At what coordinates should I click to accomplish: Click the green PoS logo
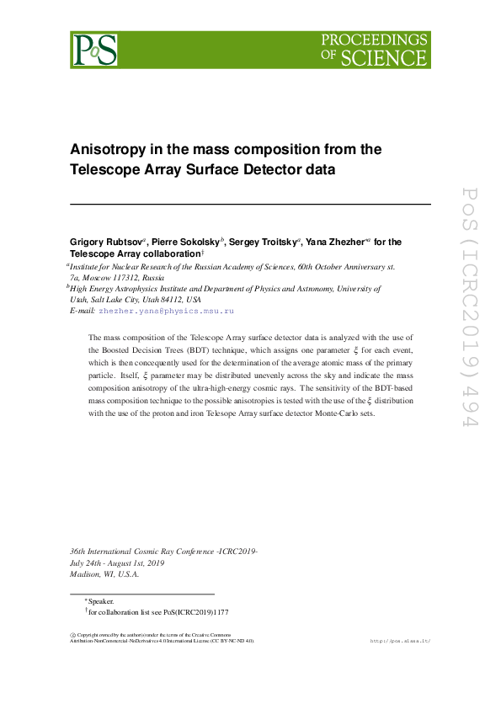tap(94, 50)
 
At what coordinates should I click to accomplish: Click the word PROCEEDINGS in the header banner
tap(375, 40)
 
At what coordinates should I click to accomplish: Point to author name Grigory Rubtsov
tap(106, 242)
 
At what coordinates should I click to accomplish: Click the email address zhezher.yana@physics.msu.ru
tap(166, 312)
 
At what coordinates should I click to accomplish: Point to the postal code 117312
tap(123, 277)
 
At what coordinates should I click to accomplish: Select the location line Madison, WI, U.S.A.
tap(104, 574)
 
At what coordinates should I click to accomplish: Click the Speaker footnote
tap(100, 602)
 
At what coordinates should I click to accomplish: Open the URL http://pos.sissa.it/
tap(400, 641)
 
